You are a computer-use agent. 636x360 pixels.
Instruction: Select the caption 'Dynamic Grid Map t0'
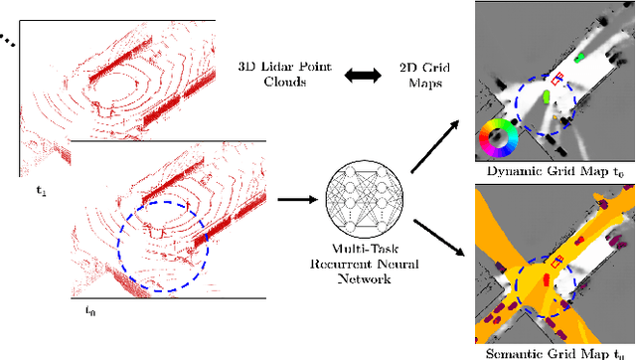[x=554, y=172]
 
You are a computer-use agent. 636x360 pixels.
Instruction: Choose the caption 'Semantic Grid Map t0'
[x=554, y=351]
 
